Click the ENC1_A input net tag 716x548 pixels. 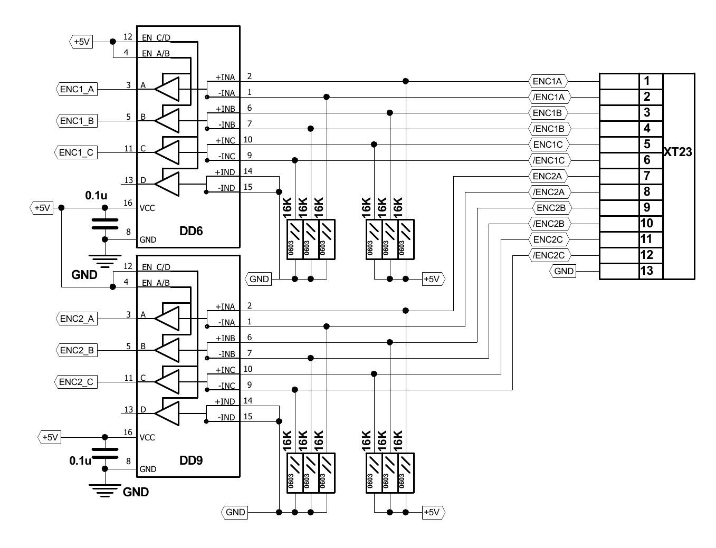pos(77,89)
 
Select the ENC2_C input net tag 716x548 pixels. pos(76,382)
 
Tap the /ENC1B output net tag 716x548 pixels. pos(549,129)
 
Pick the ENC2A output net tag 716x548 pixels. pos(548,176)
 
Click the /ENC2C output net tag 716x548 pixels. pos(549,255)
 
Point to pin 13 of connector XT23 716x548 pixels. pos(646,271)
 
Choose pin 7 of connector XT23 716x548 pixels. pos(646,176)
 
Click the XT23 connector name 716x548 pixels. pos(677,152)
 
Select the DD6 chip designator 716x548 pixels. pos(191,231)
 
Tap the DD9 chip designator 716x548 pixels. pos(191,460)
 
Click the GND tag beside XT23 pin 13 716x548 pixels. pos(564,271)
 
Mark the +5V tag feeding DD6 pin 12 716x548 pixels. pos(82,42)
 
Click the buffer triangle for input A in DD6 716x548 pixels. pos(168,89)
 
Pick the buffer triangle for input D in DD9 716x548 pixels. pos(168,413)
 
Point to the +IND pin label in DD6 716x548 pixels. pos(225,172)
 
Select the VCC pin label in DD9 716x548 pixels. pos(147,437)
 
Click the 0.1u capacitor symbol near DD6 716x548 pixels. pos(105,223)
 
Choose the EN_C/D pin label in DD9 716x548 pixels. pos(156,267)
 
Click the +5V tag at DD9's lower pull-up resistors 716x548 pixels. pos(432,512)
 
